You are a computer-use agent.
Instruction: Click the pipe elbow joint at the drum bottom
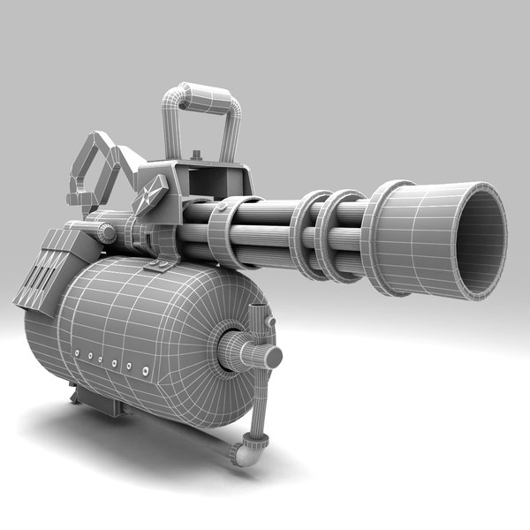pos(244,453)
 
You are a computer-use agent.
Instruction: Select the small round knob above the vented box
pos(106,233)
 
